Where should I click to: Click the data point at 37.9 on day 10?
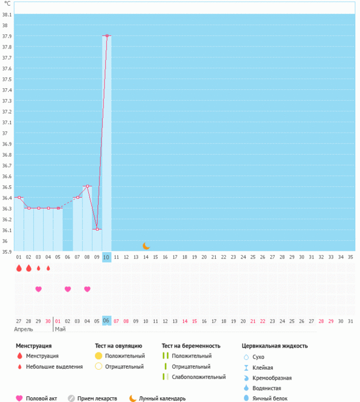tap(107, 36)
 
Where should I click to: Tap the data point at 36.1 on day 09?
tap(97, 229)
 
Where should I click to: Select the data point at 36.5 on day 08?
tap(87, 186)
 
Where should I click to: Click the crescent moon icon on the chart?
tap(146, 246)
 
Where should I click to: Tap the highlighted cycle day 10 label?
tap(107, 257)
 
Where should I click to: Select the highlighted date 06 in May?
tap(107, 321)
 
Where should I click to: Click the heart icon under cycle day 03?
tap(38, 289)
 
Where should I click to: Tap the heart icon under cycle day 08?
tap(87, 289)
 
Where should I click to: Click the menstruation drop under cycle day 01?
tap(19, 268)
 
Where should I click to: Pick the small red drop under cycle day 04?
tap(48, 268)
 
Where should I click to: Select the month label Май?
tap(60, 329)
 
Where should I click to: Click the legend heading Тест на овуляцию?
tap(118, 346)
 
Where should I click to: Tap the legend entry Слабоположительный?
tap(199, 377)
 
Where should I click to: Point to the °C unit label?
tap(7, 4)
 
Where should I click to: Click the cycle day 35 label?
tap(351, 257)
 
